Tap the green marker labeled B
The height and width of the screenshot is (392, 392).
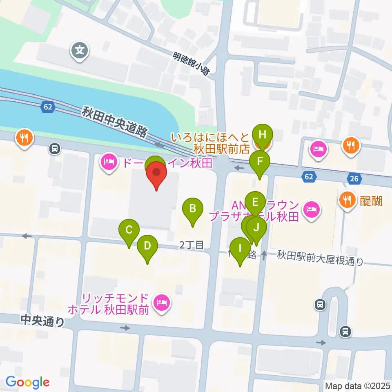[x=192, y=210]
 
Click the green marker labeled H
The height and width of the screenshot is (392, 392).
[x=262, y=135]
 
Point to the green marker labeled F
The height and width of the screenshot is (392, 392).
[x=260, y=162]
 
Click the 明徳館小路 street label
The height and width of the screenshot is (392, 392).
[x=191, y=64]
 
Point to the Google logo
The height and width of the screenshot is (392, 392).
[x=27, y=383]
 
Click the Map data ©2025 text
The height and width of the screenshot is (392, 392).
[x=357, y=385]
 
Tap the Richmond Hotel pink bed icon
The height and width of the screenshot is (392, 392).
[x=162, y=303]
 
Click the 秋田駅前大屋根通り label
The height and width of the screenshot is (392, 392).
[x=320, y=258]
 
